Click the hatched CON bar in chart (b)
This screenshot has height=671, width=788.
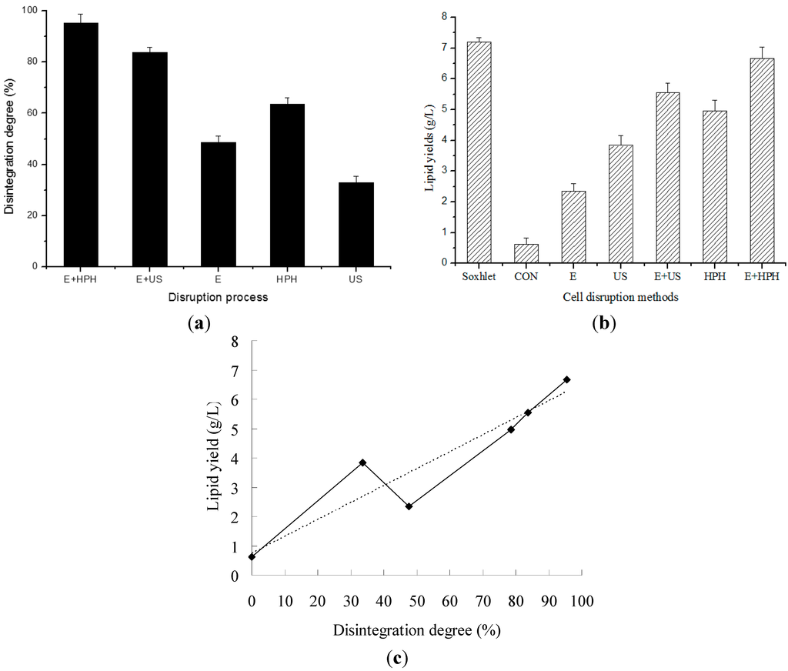coord(526,253)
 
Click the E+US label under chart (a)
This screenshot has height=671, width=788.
coord(149,279)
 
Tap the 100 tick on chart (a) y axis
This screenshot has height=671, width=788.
coord(33,11)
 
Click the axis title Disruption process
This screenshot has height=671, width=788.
coord(219,298)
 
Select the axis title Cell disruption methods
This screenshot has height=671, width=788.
coord(620,298)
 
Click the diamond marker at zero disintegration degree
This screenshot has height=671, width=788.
coord(252,556)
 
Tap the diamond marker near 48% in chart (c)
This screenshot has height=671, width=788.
coord(409,506)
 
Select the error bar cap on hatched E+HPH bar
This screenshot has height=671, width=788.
coord(762,47)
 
